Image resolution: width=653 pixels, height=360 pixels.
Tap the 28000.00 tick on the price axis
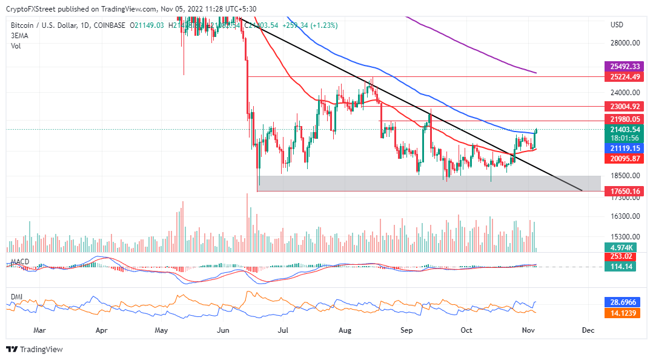tap(625, 43)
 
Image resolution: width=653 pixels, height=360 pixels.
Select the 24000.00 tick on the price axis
tap(625, 93)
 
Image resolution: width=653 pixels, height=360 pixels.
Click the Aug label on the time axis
tap(345, 331)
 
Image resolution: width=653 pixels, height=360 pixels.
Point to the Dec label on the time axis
tap(588, 331)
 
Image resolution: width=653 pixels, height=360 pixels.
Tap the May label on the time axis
tap(161, 331)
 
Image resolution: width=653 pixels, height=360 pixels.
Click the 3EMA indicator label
tap(20, 35)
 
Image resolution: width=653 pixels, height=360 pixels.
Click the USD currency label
tap(617, 25)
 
